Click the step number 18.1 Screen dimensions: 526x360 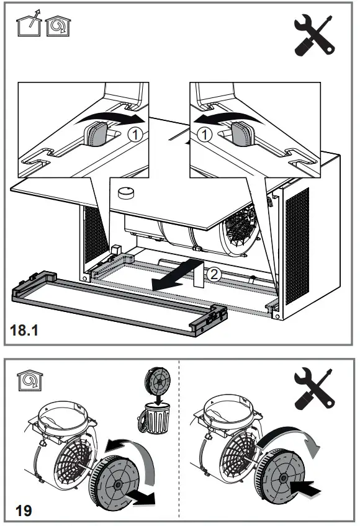point(25,332)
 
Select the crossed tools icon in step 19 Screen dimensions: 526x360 point(315,388)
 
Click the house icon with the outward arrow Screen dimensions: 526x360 point(26,25)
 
